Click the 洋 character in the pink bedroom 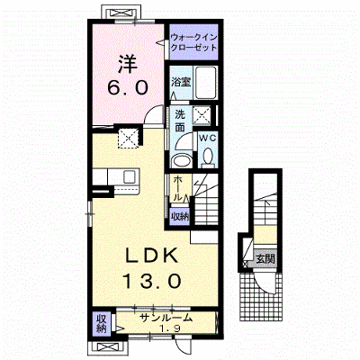coord(128,64)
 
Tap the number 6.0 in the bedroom coord(128,88)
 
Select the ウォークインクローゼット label coord(193,42)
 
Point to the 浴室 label coord(181,82)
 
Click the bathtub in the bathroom coord(205,83)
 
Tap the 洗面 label coord(180,121)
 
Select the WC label coord(208,139)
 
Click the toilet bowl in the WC coord(208,157)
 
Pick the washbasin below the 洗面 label coord(181,161)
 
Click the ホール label coord(177,188)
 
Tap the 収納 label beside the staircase coord(180,216)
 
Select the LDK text coord(151,256)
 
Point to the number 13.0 coord(152,281)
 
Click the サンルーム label coord(166,318)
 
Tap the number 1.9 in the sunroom coord(170,329)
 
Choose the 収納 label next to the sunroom coord(102,324)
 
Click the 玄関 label coord(265,258)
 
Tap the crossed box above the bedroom coord(121,13)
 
